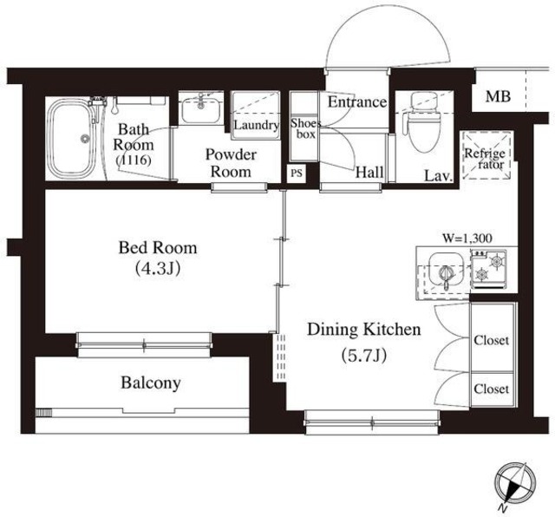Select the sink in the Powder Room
201,108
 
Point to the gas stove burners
488,268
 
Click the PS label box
297,173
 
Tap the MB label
498,96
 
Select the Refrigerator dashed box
486,155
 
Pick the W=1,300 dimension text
467,239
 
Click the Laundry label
256,126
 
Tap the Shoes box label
305,128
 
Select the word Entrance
356,102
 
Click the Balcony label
151,383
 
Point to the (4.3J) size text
158,269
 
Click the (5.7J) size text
363,355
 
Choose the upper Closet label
492,340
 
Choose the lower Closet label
492,389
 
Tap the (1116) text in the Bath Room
134,160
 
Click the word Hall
369,173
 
